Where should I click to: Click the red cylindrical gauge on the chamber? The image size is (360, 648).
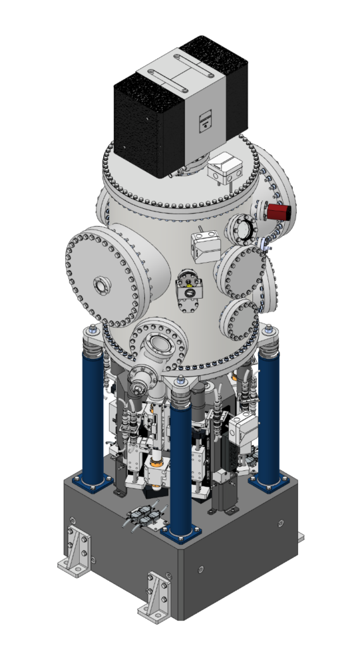point(277,212)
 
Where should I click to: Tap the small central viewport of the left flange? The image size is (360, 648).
point(100,285)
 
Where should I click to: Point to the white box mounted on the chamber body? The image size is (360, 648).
point(206,246)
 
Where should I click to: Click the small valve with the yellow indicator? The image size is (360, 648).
point(188,288)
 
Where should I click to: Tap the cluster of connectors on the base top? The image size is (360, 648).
point(144,517)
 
